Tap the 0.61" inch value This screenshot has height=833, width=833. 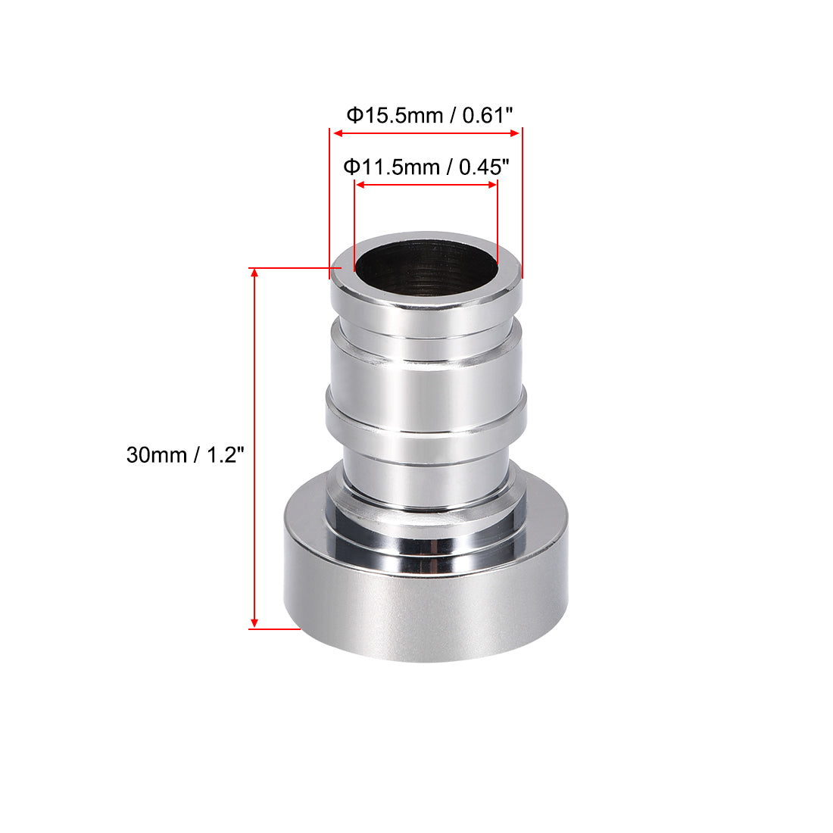[x=488, y=116]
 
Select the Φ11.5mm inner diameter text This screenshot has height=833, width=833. [x=392, y=167]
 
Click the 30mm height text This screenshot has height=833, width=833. [x=156, y=455]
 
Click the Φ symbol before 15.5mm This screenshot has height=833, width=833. [x=354, y=116]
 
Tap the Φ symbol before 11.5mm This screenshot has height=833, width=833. [x=351, y=167]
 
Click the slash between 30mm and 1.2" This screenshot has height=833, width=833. [x=196, y=455]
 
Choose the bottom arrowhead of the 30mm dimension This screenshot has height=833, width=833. [x=254, y=622]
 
